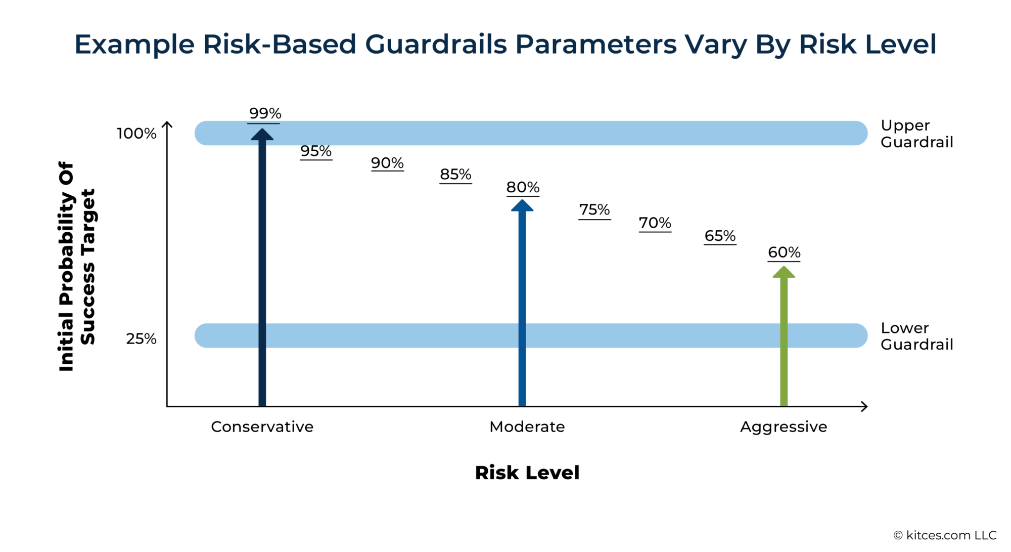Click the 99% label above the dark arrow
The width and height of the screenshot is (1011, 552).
tap(265, 113)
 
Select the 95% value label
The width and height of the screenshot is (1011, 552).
tap(316, 151)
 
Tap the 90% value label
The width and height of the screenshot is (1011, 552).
tap(387, 163)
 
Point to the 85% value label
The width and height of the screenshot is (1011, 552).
tap(455, 175)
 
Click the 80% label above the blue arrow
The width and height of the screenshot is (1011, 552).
tap(523, 187)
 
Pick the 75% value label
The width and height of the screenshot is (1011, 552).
tap(594, 209)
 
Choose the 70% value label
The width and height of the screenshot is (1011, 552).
tap(655, 223)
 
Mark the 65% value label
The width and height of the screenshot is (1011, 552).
tap(720, 236)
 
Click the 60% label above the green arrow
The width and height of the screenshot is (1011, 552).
tap(784, 252)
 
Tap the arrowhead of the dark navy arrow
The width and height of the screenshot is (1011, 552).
tap(262, 135)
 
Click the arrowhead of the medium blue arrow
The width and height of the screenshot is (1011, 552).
tap(522, 206)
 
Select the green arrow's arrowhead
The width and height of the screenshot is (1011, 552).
tap(784, 272)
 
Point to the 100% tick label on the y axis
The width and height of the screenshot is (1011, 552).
tap(136, 134)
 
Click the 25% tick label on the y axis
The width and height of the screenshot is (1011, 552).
tap(141, 338)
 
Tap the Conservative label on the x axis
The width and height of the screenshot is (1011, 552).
tap(262, 427)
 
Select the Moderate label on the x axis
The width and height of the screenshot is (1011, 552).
tap(527, 427)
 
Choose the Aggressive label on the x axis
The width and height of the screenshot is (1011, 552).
tap(784, 427)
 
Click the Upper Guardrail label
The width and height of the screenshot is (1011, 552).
tap(916, 134)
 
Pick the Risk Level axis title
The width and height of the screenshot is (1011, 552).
tap(527, 473)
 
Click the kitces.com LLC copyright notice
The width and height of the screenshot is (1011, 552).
tap(945, 535)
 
